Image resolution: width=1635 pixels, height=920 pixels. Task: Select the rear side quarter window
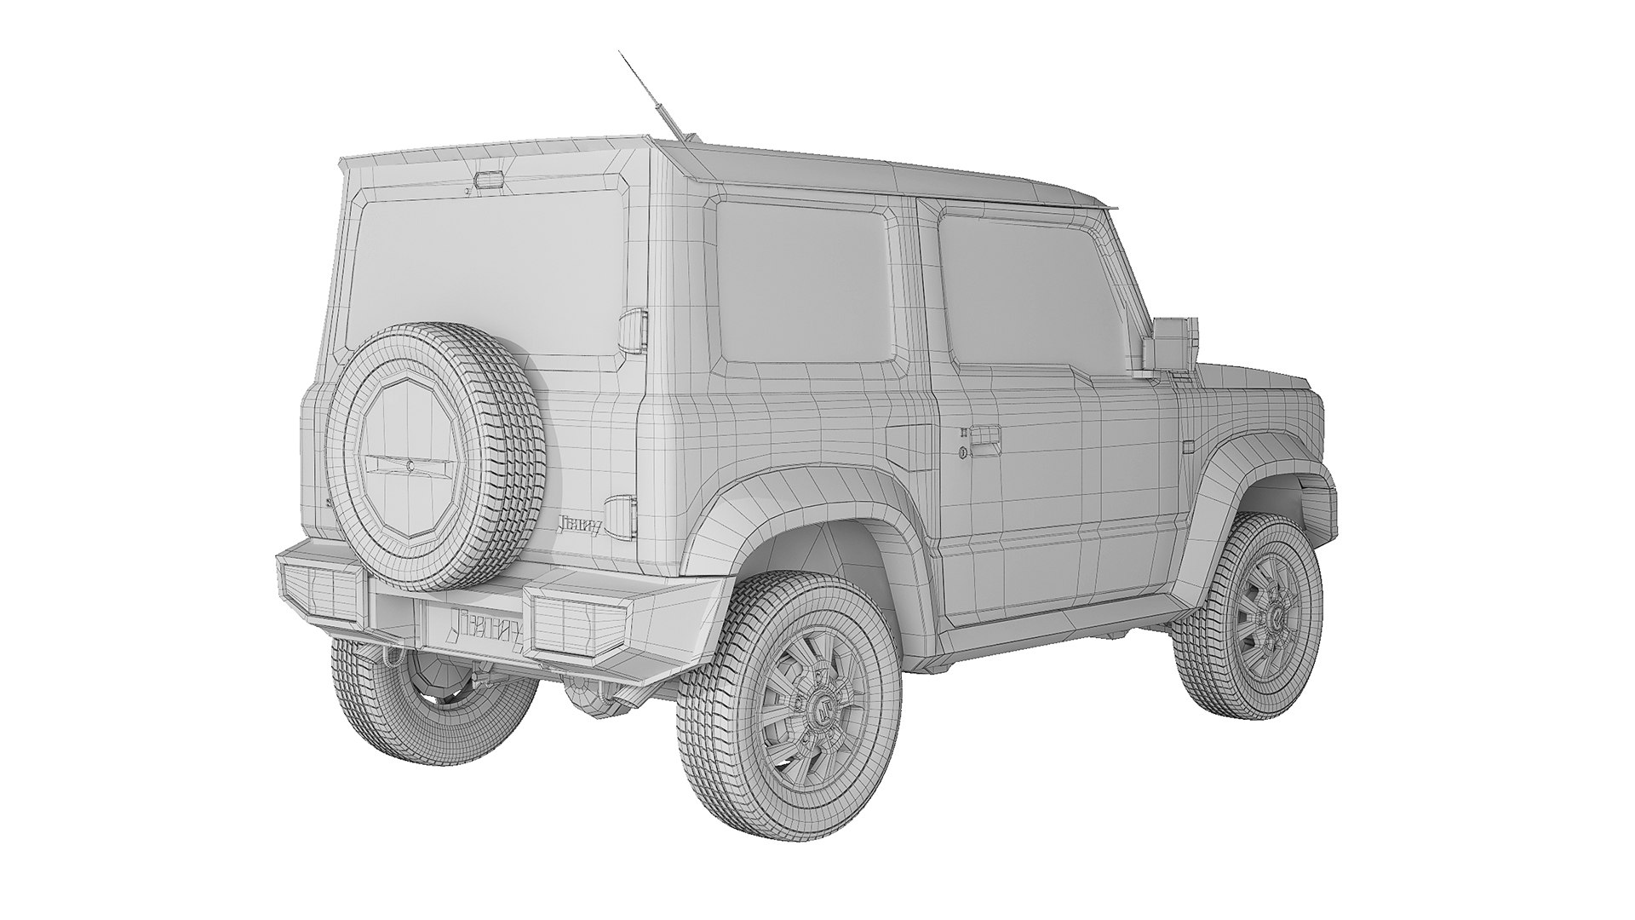tap(805, 281)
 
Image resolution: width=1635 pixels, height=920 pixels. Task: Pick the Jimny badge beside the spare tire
tap(580, 526)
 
